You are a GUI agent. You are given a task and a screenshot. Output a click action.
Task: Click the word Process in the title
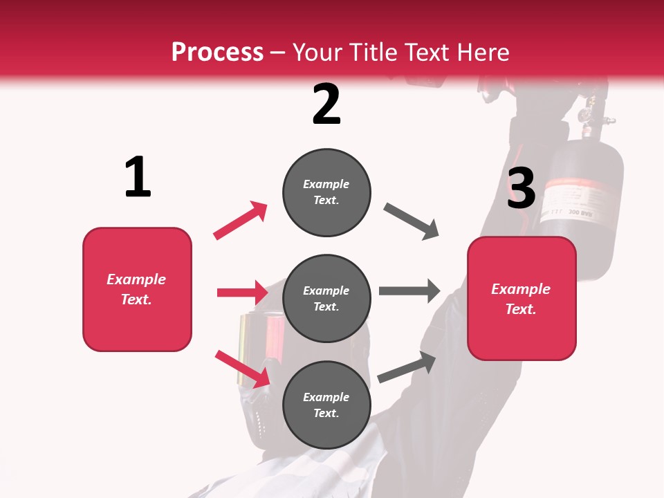pos(217,53)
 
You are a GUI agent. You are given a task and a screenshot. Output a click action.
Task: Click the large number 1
pos(138,177)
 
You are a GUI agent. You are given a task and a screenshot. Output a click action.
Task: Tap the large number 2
pos(326,104)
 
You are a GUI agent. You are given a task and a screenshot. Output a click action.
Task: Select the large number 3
pos(521,188)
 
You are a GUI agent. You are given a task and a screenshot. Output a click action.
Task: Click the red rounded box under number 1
pos(137,289)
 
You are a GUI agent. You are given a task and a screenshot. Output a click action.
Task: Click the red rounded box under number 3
pos(522,298)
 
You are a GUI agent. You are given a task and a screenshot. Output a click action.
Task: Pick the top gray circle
pos(326,192)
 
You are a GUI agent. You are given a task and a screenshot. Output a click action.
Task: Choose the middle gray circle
pos(326,299)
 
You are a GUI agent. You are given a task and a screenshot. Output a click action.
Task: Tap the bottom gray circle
pos(326,405)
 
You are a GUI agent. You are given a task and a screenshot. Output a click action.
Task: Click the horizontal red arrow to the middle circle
pos(242,293)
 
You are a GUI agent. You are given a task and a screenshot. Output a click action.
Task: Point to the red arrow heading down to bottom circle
pos(242,368)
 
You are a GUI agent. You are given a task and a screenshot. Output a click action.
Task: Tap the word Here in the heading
pos(483,53)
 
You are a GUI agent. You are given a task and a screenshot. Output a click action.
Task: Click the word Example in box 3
pos(521,289)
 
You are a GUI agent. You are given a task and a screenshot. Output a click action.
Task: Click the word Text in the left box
pos(135,299)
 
